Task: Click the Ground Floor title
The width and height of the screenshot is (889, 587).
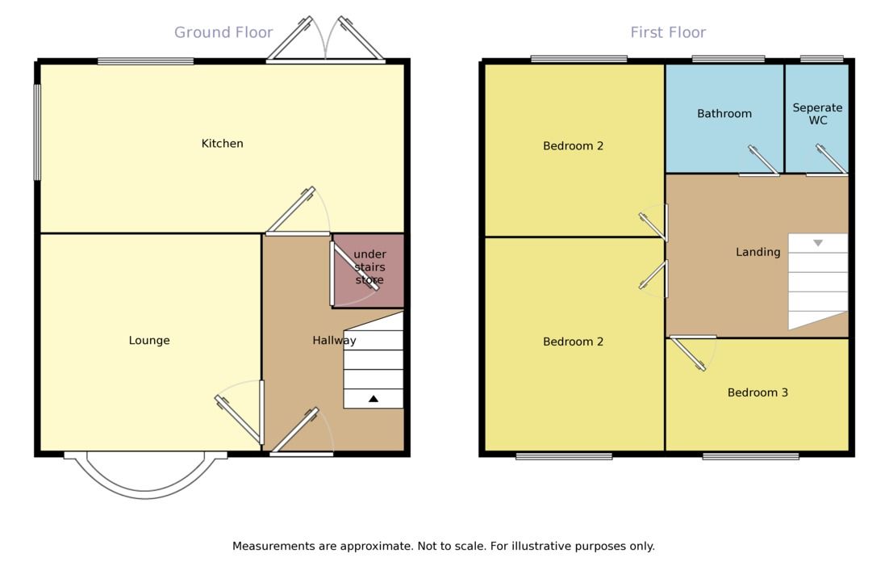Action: coord(223,33)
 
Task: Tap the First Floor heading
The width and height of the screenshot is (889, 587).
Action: coord(668,33)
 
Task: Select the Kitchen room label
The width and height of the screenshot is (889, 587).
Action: coord(222,144)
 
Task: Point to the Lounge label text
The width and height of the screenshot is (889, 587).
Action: coord(149,341)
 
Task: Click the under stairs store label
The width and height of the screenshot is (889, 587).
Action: coord(369,267)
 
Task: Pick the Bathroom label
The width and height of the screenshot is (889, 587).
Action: coord(724,114)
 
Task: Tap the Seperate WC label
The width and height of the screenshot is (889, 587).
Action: coord(816,114)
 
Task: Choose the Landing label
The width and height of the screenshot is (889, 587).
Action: coord(758,252)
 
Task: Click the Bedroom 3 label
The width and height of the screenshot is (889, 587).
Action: coord(758,393)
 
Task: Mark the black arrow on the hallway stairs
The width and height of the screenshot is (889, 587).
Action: coord(374,398)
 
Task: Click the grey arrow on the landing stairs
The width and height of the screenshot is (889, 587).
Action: coord(817,243)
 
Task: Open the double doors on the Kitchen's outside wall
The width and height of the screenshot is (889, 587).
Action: coord(325,40)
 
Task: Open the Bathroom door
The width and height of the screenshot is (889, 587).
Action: coord(762,161)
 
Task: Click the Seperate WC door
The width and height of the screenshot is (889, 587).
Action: coord(829,161)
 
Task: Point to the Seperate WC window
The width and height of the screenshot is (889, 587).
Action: coord(821,58)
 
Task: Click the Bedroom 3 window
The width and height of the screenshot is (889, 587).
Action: coord(750,456)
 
